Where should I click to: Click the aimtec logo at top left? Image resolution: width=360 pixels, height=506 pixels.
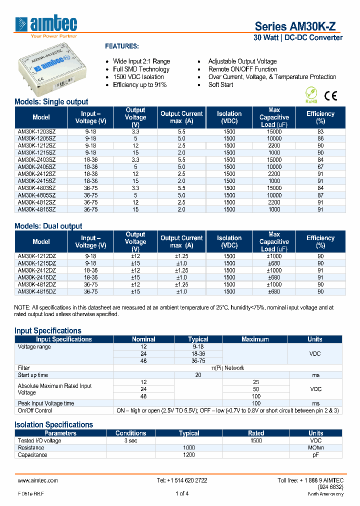[x=46, y=25]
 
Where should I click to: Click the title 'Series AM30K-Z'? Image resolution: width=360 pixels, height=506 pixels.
[x=298, y=26]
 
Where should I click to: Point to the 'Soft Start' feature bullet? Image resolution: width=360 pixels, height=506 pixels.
[x=220, y=85]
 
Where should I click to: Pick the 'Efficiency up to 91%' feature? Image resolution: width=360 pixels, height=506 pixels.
[x=139, y=85]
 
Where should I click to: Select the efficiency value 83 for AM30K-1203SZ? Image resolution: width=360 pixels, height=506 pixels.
[x=320, y=131]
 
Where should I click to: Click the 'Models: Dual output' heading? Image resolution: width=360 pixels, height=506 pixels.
[x=48, y=226]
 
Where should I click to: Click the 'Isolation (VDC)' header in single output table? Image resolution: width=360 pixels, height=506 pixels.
[x=229, y=117]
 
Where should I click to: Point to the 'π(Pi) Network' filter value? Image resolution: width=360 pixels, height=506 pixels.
[x=227, y=368]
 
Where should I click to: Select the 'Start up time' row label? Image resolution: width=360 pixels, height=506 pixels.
[x=33, y=375]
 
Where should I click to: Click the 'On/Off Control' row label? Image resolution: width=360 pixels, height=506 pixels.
[x=35, y=410]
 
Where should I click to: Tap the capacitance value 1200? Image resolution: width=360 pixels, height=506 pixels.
[x=189, y=455]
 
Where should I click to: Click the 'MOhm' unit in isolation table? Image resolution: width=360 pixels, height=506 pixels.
[x=315, y=448]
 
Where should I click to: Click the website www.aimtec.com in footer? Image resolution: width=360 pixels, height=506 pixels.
[x=38, y=480]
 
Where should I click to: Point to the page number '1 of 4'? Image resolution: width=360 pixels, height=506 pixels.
[x=182, y=494]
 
